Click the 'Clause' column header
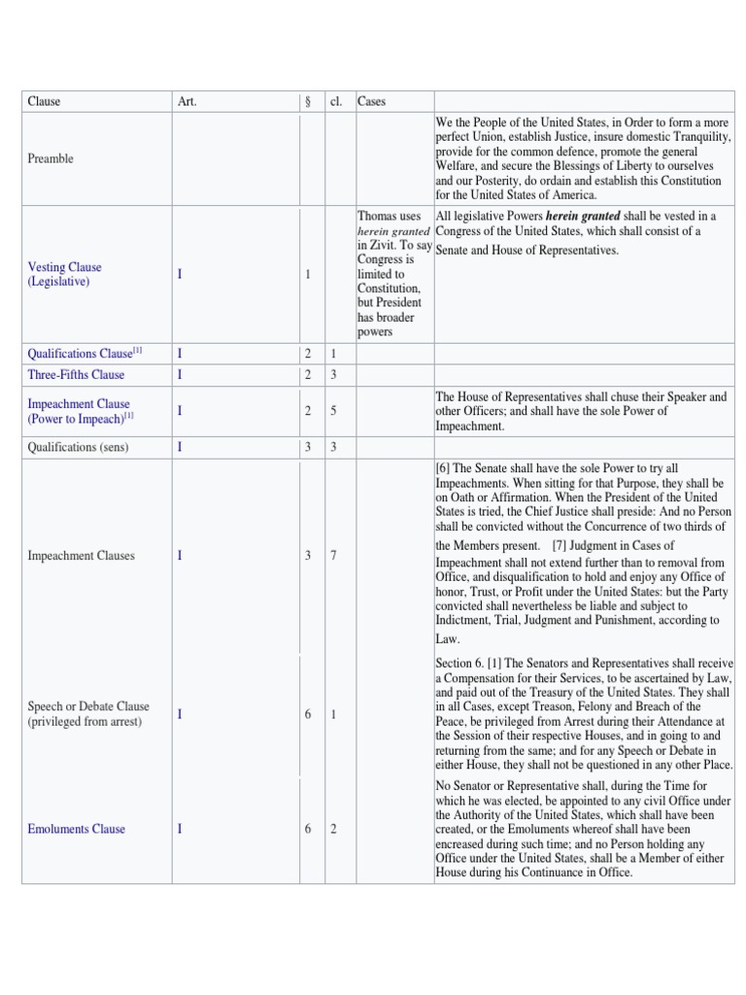pos(44,101)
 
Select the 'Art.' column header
pos(186,101)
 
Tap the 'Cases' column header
pos(371,101)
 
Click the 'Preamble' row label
pos(51,158)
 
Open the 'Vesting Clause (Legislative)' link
pos(64,274)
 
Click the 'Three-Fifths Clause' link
pos(76,375)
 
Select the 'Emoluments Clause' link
pos(76,829)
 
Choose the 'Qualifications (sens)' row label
pos(78,447)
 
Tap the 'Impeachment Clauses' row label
pos(81,556)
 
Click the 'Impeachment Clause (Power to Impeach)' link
pos(80,411)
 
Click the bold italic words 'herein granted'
pos(583,216)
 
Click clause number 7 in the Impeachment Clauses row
pos(333,556)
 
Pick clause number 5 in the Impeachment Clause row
pos(333,411)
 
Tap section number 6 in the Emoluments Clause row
pos(307,829)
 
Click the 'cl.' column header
pos(336,101)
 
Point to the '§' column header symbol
pos(307,101)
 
